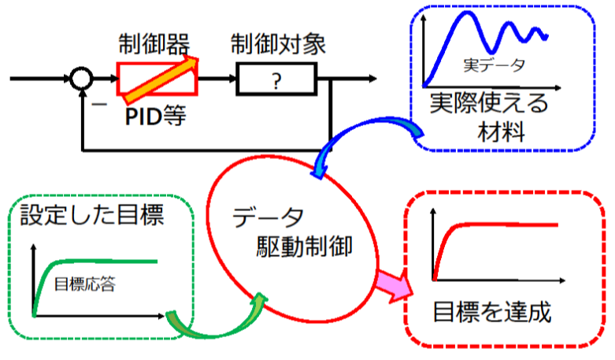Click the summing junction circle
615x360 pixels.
pos(81,80)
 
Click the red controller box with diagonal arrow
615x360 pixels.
pos(155,79)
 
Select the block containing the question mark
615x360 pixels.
pos(275,80)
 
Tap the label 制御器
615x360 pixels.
pos(155,43)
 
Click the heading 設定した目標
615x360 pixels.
pos(92,215)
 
